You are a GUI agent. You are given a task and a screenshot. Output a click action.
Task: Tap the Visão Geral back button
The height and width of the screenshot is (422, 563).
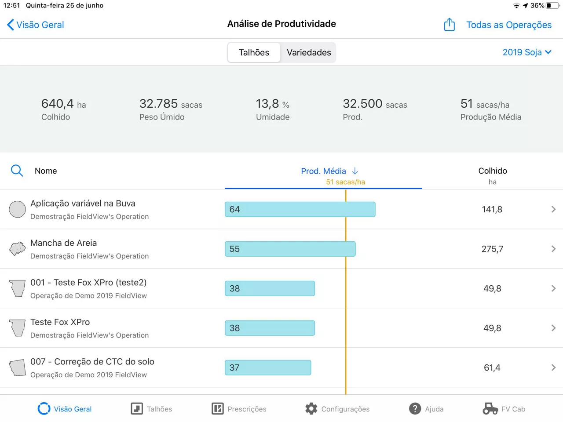(36, 25)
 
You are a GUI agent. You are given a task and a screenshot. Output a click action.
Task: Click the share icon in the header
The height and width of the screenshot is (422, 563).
(449, 25)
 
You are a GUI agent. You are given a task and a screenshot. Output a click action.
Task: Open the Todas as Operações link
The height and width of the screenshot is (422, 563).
(508, 25)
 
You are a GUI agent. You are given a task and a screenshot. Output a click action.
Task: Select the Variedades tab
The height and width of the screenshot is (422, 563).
(309, 53)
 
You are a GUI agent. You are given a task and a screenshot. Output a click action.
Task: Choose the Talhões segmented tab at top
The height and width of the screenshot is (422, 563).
(254, 53)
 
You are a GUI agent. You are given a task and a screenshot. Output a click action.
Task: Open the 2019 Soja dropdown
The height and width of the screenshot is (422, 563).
(526, 52)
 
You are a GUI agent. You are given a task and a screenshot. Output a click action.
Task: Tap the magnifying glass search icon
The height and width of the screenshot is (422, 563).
(17, 171)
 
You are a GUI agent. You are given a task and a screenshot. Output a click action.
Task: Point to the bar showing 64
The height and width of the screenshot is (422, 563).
(300, 209)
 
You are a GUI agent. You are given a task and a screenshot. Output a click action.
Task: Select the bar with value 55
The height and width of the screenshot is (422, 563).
(290, 249)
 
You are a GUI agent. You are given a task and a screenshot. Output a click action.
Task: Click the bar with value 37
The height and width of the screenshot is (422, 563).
(268, 367)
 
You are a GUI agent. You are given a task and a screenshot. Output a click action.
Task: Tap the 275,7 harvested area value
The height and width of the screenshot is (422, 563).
(492, 249)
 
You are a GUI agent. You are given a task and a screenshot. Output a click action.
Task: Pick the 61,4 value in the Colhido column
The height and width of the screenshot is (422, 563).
(492, 367)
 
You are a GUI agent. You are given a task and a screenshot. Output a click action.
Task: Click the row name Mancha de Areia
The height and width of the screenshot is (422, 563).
(64, 243)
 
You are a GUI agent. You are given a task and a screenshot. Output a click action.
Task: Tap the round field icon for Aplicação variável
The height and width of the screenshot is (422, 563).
(18, 209)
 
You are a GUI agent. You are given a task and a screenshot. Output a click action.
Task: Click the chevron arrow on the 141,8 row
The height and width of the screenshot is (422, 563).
(553, 209)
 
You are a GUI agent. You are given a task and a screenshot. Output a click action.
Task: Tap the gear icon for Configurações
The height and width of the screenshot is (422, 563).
(311, 409)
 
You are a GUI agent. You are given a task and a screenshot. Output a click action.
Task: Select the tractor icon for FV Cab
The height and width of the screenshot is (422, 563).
(490, 409)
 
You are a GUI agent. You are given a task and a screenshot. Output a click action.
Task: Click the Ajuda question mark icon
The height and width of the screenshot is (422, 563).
(415, 409)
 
